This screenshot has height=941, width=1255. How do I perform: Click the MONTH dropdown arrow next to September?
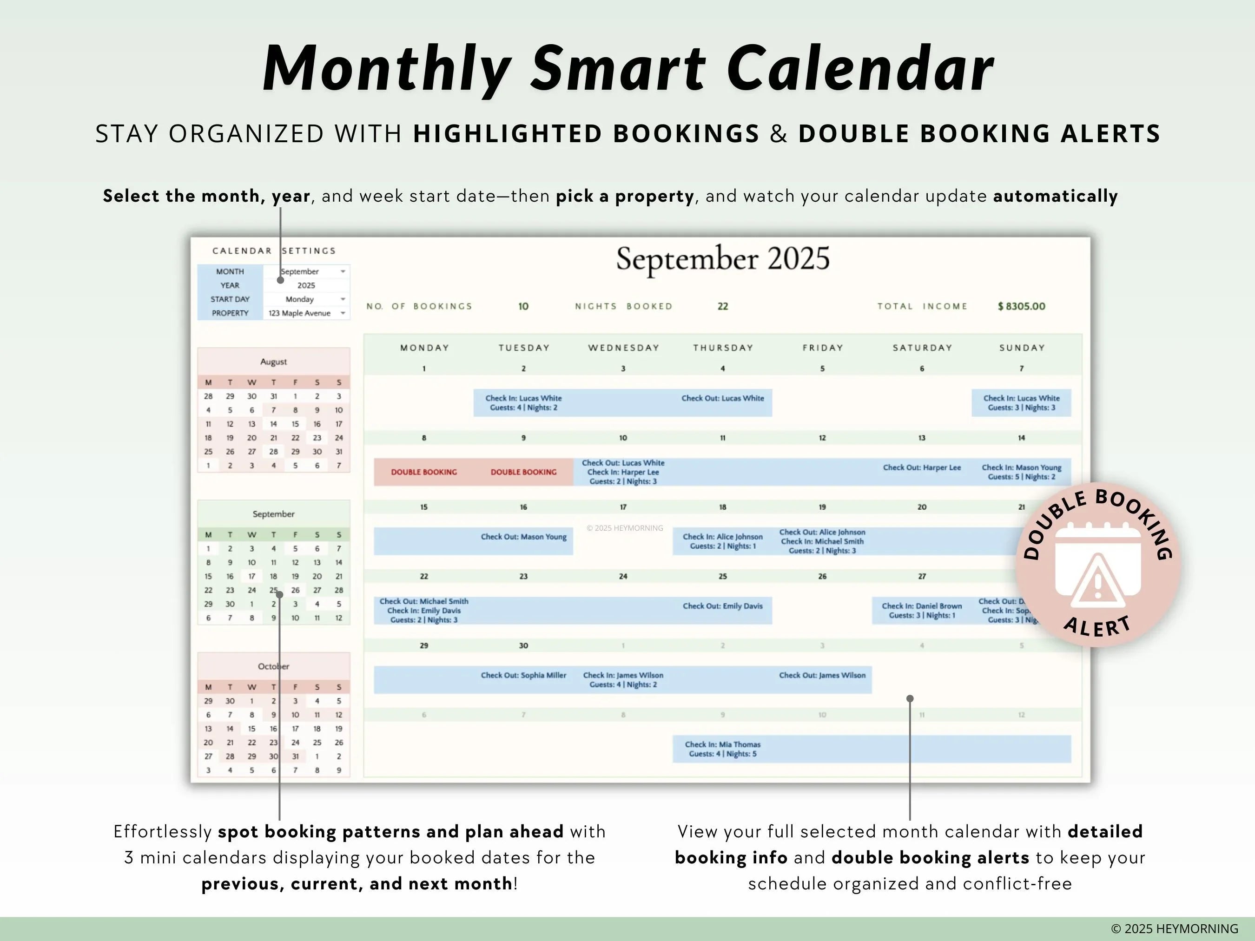coord(343,272)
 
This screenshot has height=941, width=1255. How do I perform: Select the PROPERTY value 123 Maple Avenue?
coord(299,313)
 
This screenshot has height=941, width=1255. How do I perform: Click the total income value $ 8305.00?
coord(1021,306)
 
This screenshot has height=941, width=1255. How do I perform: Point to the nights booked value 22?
coord(722,306)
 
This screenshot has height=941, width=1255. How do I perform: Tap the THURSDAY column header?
coord(723,348)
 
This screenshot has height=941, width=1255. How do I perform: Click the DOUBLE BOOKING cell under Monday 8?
coord(424,472)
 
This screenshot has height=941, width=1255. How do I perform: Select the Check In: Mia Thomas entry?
coord(722,749)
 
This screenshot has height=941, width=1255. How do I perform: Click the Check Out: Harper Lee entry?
coord(921,467)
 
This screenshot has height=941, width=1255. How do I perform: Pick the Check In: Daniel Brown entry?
coord(921,610)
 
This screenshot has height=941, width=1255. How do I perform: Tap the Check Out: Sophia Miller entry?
coord(523,675)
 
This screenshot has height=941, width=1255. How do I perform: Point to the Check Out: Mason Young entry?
coord(523,537)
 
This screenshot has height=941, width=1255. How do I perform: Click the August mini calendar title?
coord(273,362)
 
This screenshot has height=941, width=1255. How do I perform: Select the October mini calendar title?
coord(273,666)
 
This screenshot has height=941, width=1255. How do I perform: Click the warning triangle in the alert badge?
coord(1097,579)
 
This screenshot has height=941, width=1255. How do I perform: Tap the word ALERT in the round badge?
coord(1097,627)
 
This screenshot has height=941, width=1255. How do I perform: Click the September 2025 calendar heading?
coord(723,259)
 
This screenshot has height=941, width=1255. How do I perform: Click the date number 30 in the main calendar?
coord(523,645)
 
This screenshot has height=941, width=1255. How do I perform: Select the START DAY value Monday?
coord(299,299)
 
